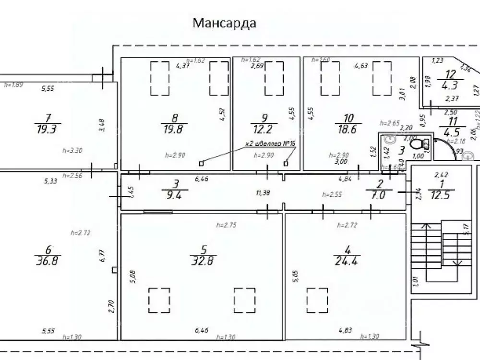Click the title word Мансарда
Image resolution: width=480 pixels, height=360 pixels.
point(224,23)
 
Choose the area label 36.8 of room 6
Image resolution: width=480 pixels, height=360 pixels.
point(48,261)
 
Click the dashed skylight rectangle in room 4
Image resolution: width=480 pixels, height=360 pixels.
point(318,299)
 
